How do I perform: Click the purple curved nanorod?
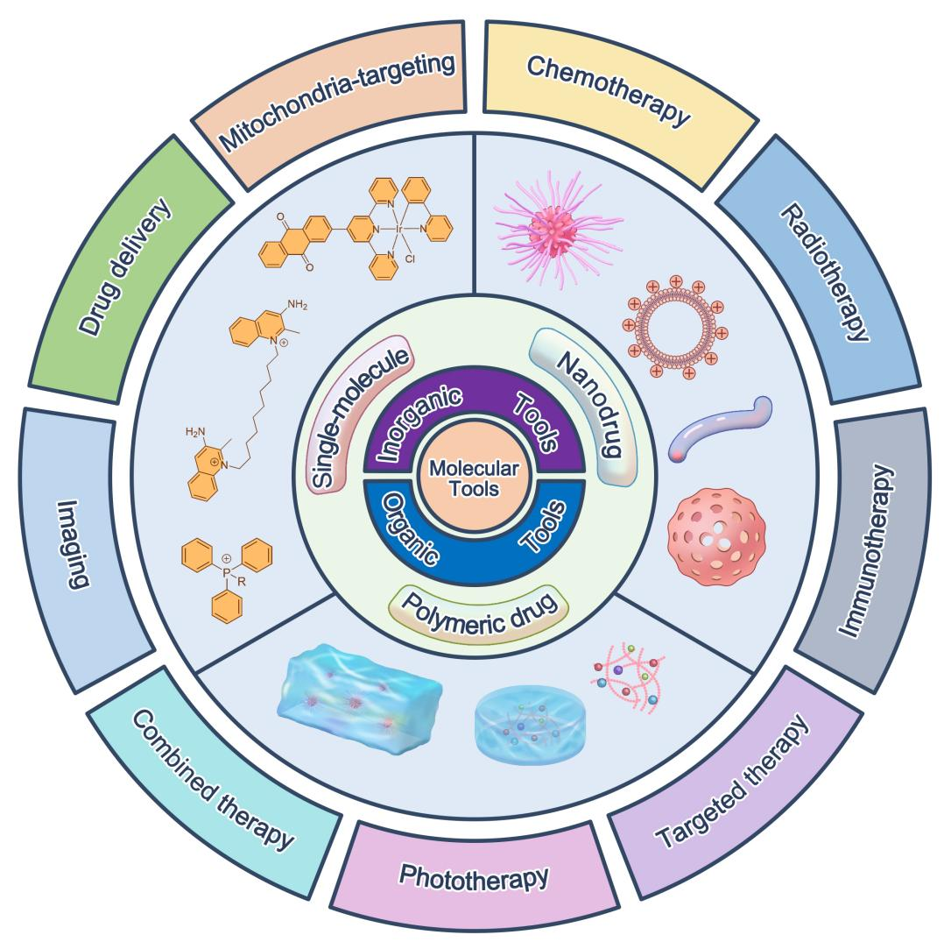(720, 429)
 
